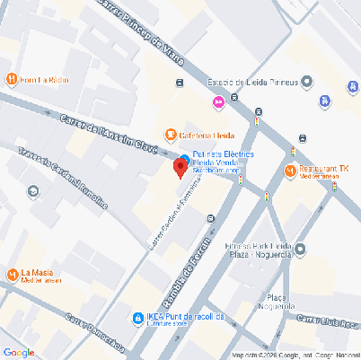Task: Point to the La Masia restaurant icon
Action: pyautogui.click(x=12, y=274)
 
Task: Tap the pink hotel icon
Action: pyautogui.click(x=218, y=102)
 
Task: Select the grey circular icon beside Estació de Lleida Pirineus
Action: pyautogui.click(x=307, y=83)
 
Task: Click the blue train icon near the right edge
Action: pyautogui.click(x=351, y=87)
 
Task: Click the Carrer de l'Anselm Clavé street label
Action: pyautogui.click(x=110, y=133)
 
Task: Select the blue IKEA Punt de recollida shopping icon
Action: pyautogui.click(x=137, y=318)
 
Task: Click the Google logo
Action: pyautogui.click(x=19, y=352)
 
